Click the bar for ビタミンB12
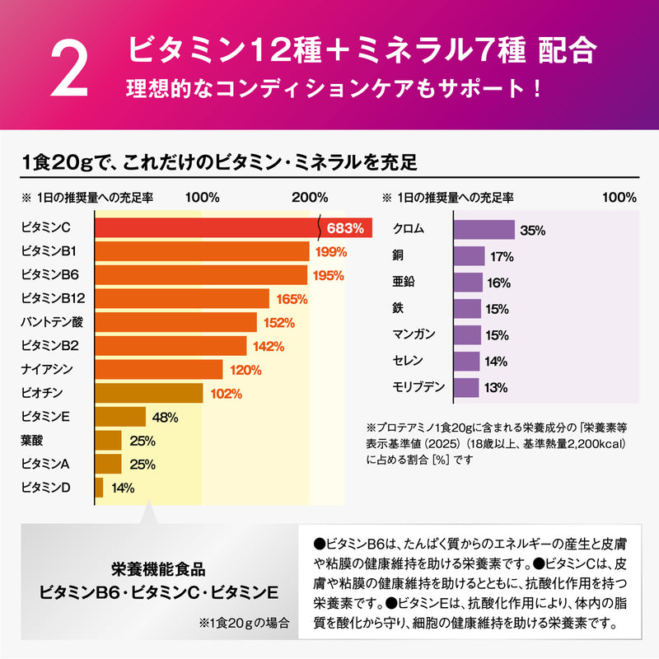click(182, 299)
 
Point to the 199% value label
click(328, 251)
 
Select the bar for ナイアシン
click(159, 370)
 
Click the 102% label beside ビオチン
click(226, 394)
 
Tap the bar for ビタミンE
click(120, 417)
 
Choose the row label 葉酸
click(31, 440)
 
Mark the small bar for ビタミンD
click(99, 488)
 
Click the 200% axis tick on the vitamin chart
click(310, 199)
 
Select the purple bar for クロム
click(484, 231)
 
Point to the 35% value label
click(533, 231)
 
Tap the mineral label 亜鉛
click(405, 283)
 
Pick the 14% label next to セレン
click(496, 361)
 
